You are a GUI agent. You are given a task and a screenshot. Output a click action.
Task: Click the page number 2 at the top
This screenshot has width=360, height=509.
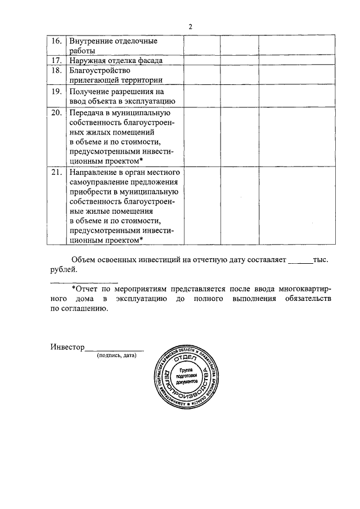click(191, 26)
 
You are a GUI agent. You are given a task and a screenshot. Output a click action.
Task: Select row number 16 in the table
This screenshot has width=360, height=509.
click(56, 42)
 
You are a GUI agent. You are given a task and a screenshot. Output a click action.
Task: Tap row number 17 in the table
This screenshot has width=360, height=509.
click(56, 60)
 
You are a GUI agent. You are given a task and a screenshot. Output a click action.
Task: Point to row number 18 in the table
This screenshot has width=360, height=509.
click(56, 70)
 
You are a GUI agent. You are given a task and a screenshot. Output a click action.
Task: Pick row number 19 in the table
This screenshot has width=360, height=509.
click(56, 91)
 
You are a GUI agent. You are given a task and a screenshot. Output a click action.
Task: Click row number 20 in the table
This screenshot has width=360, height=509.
click(56, 112)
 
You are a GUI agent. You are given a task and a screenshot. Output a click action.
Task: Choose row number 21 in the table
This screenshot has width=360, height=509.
click(56, 172)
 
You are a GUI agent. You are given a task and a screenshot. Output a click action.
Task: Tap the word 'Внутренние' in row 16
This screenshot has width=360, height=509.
click(91, 42)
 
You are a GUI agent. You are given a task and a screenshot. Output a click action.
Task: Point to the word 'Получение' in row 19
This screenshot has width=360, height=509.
click(90, 91)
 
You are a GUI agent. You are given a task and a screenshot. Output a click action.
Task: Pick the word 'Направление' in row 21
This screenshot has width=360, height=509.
click(94, 172)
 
